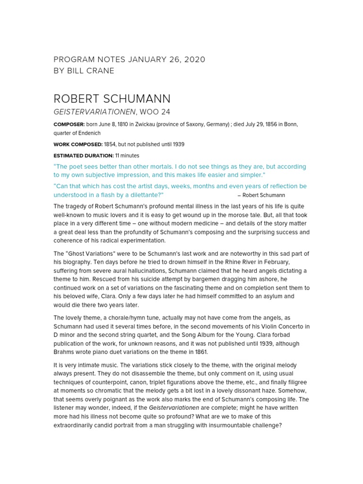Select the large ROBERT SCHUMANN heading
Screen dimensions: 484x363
pyautogui.click(x=112, y=99)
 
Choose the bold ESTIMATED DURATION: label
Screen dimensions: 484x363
pyautogui.click(x=83, y=156)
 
